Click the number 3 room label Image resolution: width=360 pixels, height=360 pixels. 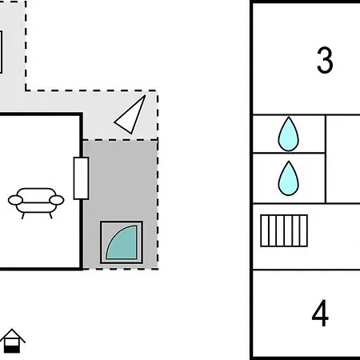pyautogui.click(x=325, y=60)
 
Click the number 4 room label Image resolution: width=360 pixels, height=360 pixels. pyautogui.click(x=320, y=313)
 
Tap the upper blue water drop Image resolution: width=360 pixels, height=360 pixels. pyautogui.click(x=289, y=134)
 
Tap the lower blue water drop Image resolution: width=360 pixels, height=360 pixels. pyautogui.click(x=289, y=178)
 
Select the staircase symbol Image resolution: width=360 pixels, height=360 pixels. pyautogui.click(x=284, y=230)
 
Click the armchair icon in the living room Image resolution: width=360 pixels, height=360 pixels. pyautogui.click(x=36, y=203)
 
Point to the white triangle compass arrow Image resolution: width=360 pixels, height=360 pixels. pyautogui.click(x=130, y=115)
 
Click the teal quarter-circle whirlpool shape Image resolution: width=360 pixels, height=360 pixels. pyautogui.click(x=122, y=242)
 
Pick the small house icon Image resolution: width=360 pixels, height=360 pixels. pyautogui.click(x=12, y=341)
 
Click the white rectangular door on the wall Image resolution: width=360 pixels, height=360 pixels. pyautogui.click(x=81, y=178)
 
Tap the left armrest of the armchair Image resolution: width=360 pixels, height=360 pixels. pyautogui.click(x=15, y=200)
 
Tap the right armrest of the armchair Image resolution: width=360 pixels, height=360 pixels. pyautogui.click(x=57, y=200)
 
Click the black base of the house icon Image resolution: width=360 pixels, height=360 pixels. pyautogui.click(x=12, y=349)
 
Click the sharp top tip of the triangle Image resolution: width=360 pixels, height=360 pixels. pyautogui.click(x=146, y=95)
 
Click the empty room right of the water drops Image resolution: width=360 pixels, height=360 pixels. pyautogui.click(x=343, y=159)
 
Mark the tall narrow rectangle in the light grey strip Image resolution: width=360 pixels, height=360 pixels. pyautogui.click(x=1, y=52)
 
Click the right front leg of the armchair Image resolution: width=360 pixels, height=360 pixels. pyautogui.click(x=50, y=216)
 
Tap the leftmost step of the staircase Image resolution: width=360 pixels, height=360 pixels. pyautogui.click(x=265, y=230)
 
